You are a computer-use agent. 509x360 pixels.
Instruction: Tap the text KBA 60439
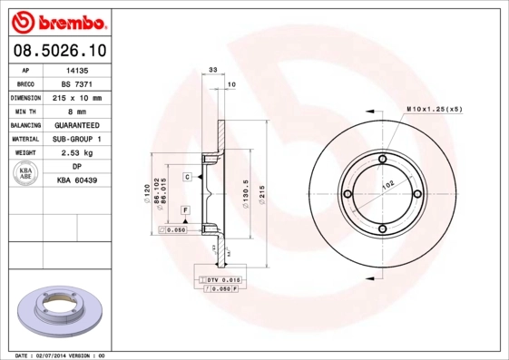(77, 181)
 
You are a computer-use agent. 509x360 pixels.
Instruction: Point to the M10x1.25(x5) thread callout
(434, 108)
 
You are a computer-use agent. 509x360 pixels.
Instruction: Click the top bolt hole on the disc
(382, 161)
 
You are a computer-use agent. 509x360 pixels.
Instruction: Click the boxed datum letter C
(186, 176)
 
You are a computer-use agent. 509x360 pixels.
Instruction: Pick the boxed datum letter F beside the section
(185, 210)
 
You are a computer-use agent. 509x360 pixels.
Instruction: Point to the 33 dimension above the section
(213, 69)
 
